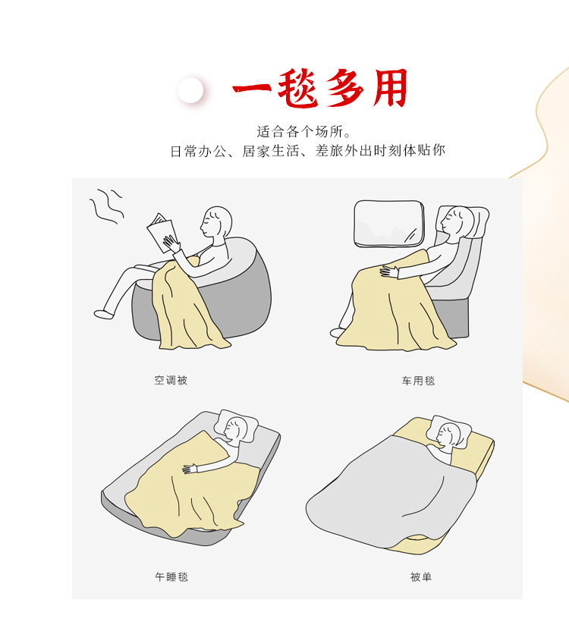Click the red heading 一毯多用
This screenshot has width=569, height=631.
tap(319, 89)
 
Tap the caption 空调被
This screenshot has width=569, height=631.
tap(171, 380)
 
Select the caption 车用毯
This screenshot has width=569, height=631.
tap(419, 380)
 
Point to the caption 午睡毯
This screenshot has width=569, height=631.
tap(171, 576)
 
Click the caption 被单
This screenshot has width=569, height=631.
tap(420, 576)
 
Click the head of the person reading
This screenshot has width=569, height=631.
tap(217, 222)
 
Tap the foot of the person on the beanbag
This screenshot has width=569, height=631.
tap(103, 312)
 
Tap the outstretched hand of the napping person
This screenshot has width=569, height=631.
tap(189, 469)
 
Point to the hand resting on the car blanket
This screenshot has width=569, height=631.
tap(389, 270)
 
